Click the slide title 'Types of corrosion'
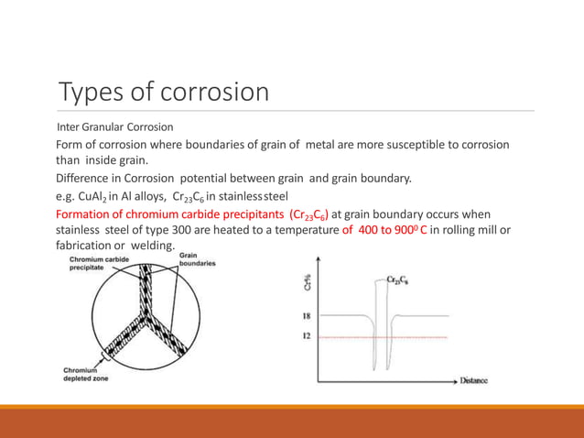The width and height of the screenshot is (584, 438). point(164,93)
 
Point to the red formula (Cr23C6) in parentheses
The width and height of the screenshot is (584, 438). point(315,214)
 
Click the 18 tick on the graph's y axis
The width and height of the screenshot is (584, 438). point(308,315)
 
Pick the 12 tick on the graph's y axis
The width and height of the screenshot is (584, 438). point(308,336)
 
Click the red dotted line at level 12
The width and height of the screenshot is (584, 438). point(421,337)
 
